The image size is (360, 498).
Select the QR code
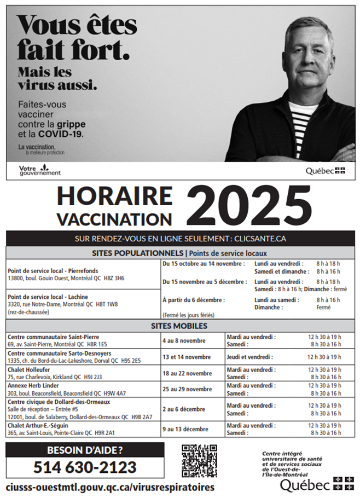pyautogui.click(x=199, y=460)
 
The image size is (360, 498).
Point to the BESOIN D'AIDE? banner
pyautogui.click(x=85, y=450)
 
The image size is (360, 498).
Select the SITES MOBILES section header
pyautogui.click(x=179, y=326)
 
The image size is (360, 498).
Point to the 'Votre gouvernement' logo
pyautogui.click(x=39, y=170)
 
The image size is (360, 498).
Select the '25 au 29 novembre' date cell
pyautogui.click(x=187, y=389)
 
